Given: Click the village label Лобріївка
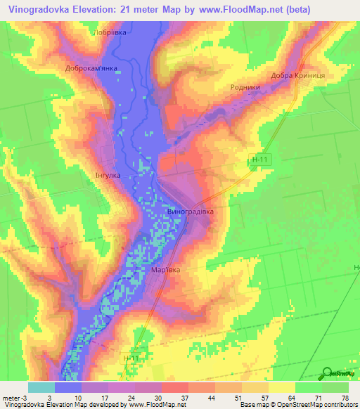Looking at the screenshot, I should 110,33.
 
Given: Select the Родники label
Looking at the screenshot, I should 245,87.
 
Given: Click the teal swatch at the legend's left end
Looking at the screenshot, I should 41,387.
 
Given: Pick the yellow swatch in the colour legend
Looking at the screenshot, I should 281,387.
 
